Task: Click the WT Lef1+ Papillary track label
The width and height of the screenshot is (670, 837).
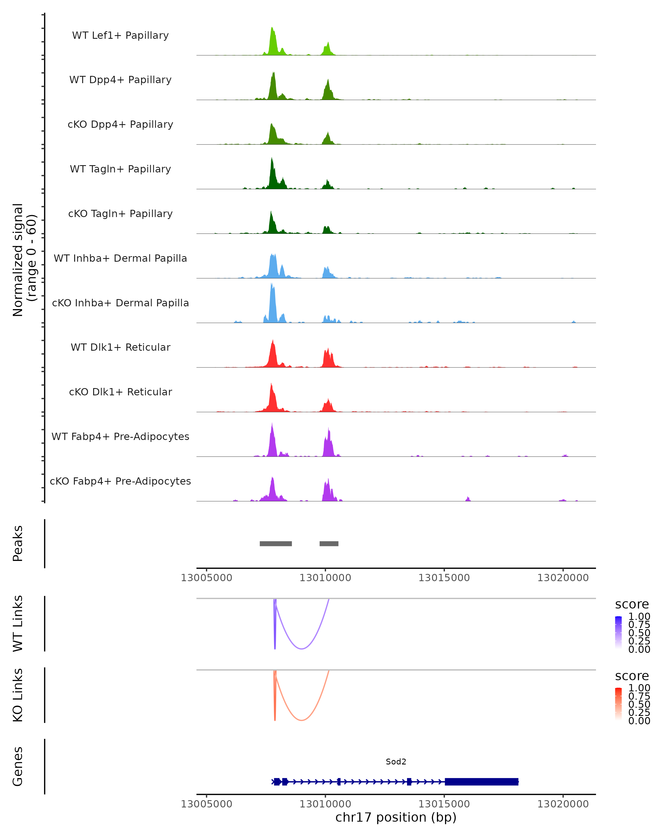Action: (120, 35)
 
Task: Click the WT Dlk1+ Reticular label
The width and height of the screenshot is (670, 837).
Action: (120, 347)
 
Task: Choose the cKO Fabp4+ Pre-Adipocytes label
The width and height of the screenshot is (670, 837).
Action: (120, 481)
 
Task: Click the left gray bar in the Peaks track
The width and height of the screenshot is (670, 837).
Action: (276, 543)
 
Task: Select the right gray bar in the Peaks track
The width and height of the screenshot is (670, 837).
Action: (329, 543)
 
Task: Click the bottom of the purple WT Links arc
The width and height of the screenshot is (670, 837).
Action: (301, 649)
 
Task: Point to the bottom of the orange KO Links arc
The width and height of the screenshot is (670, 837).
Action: (301, 720)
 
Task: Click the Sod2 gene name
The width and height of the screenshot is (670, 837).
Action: (396, 762)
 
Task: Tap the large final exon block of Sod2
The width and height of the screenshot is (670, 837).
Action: (482, 781)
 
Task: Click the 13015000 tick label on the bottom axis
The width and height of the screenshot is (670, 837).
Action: (444, 804)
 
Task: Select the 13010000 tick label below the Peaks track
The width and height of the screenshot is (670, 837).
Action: (325, 578)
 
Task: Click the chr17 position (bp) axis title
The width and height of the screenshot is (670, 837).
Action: (396, 817)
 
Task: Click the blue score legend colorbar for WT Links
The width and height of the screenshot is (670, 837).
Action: (618, 632)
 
